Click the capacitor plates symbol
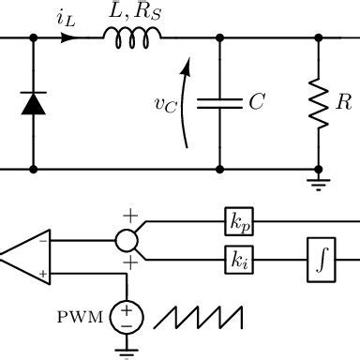pos(220,104)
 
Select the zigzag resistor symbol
pos(318,103)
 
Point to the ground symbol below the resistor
pos(318,180)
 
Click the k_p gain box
pos(235,221)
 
